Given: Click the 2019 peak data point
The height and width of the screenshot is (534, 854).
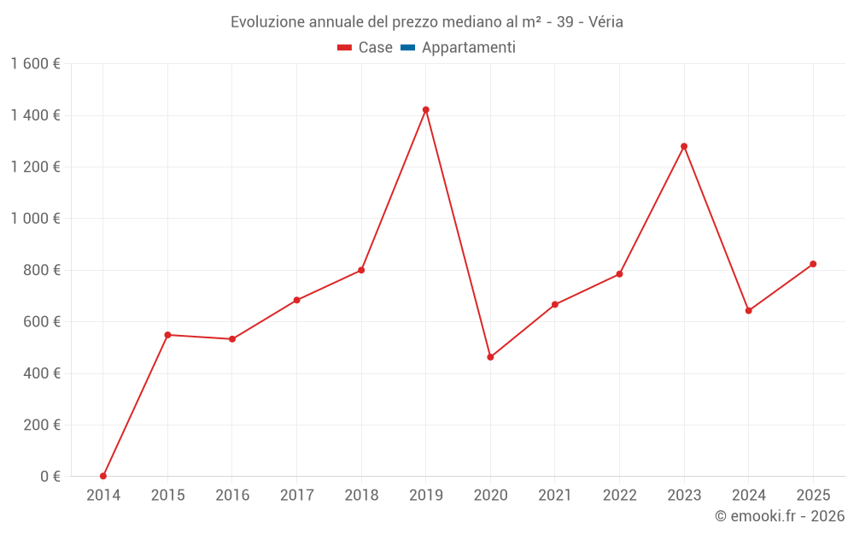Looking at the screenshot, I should tap(425, 109).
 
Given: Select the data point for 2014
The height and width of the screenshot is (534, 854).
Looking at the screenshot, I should tap(103, 476).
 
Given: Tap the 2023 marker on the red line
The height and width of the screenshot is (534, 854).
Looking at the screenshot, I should tap(684, 146).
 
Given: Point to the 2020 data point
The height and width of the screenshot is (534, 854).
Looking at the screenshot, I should tap(490, 357).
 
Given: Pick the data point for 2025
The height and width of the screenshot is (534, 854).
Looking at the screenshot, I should tap(813, 264).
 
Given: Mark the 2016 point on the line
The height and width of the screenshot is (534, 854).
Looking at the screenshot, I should tap(232, 339).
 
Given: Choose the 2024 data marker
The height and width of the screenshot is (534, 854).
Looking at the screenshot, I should tap(748, 311).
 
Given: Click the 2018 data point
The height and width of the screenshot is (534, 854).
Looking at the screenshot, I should tap(361, 270).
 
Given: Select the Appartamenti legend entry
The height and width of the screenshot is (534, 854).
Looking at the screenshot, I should tap(468, 48).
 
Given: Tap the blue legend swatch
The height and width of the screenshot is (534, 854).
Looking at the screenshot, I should tap(407, 48).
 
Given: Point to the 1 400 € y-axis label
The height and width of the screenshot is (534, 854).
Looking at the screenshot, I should tap(35, 115).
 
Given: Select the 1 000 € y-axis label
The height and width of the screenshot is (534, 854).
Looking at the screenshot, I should tap(35, 219).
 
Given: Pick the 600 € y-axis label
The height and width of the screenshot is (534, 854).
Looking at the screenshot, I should tap(40, 322).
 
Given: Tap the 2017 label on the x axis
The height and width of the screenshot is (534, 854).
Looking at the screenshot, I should tap(296, 496).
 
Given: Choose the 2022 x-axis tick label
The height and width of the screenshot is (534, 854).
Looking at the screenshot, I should tap(619, 496).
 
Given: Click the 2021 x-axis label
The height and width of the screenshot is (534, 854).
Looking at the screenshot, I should tap(555, 496).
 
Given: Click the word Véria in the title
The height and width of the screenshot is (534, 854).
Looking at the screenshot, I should tap(605, 21).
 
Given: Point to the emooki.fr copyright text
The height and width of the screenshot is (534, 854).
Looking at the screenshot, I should tap(779, 516).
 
